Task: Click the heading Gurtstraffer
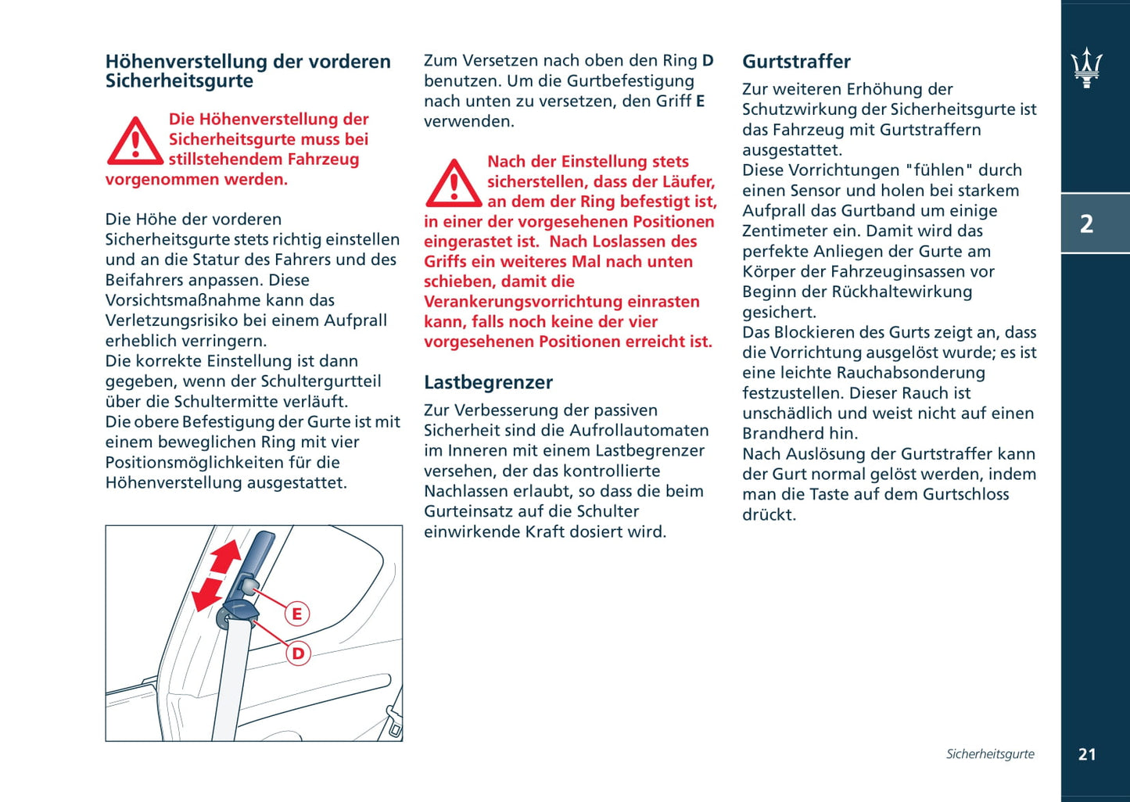pos(796,62)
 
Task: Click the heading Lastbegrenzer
pos(488,382)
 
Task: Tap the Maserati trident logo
pos(1086,67)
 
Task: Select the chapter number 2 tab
pos(1086,224)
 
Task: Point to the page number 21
pos(1086,754)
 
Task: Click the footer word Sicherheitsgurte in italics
pos(989,754)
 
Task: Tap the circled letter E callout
pos(296,614)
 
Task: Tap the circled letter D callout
pos(298,653)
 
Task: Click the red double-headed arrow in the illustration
pos(216,575)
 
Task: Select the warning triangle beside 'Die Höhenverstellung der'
pos(135,142)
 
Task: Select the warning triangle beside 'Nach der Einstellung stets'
pos(453,184)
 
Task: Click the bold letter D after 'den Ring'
pos(708,61)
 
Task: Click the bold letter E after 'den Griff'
pos(700,102)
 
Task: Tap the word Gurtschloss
pos(966,495)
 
